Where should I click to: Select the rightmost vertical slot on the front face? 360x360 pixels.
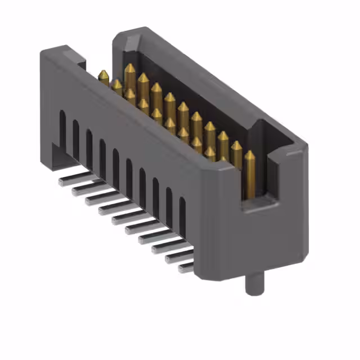182,214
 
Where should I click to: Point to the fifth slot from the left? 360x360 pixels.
115,164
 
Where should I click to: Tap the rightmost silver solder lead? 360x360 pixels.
187,268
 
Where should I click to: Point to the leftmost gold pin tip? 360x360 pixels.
103,75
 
